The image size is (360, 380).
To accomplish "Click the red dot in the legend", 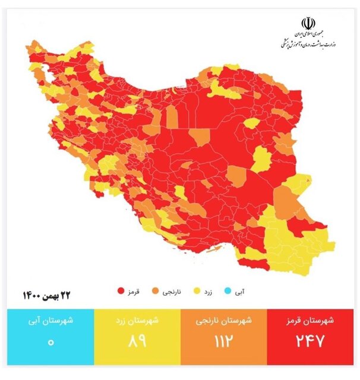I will pyautogui.click(x=121, y=292).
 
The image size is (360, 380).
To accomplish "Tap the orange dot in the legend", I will pyautogui.click(x=155, y=292).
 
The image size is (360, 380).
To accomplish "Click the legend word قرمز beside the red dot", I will pyautogui.click(x=134, y=292).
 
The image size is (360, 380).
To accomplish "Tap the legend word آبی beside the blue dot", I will pyautogui.click(x=243, y=292).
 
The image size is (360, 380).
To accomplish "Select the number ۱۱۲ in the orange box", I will pyautogui.click(x=223, y=343).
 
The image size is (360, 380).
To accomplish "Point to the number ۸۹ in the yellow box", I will pyautogui.click(x=136, y=343).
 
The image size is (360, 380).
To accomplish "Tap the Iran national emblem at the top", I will pyautogui.click(x=308, y=23).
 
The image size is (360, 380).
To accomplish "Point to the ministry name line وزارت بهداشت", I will pyautogui.click(x=307, y=44).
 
